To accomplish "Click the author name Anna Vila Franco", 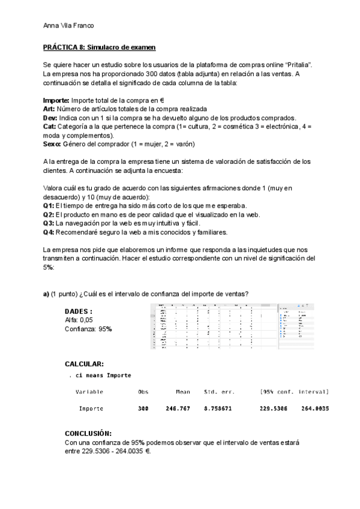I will tap(69, 25).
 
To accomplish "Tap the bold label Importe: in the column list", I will tap(56, 101).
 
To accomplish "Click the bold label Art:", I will tap(49, 109).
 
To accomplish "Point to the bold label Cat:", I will tap(50, 127).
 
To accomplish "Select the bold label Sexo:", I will tap(53, 144).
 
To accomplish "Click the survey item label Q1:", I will tap(49, 206).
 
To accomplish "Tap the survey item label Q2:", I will tap(49, 214).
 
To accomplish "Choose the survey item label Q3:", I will tap(49, 223).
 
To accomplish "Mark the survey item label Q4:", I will tap(49, 232).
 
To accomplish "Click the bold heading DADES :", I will tap(79, 312).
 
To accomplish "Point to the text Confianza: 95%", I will tap(88, 330).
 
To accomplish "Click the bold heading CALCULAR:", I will tap(84, 364).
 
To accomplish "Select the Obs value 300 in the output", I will tap(143, 409).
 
